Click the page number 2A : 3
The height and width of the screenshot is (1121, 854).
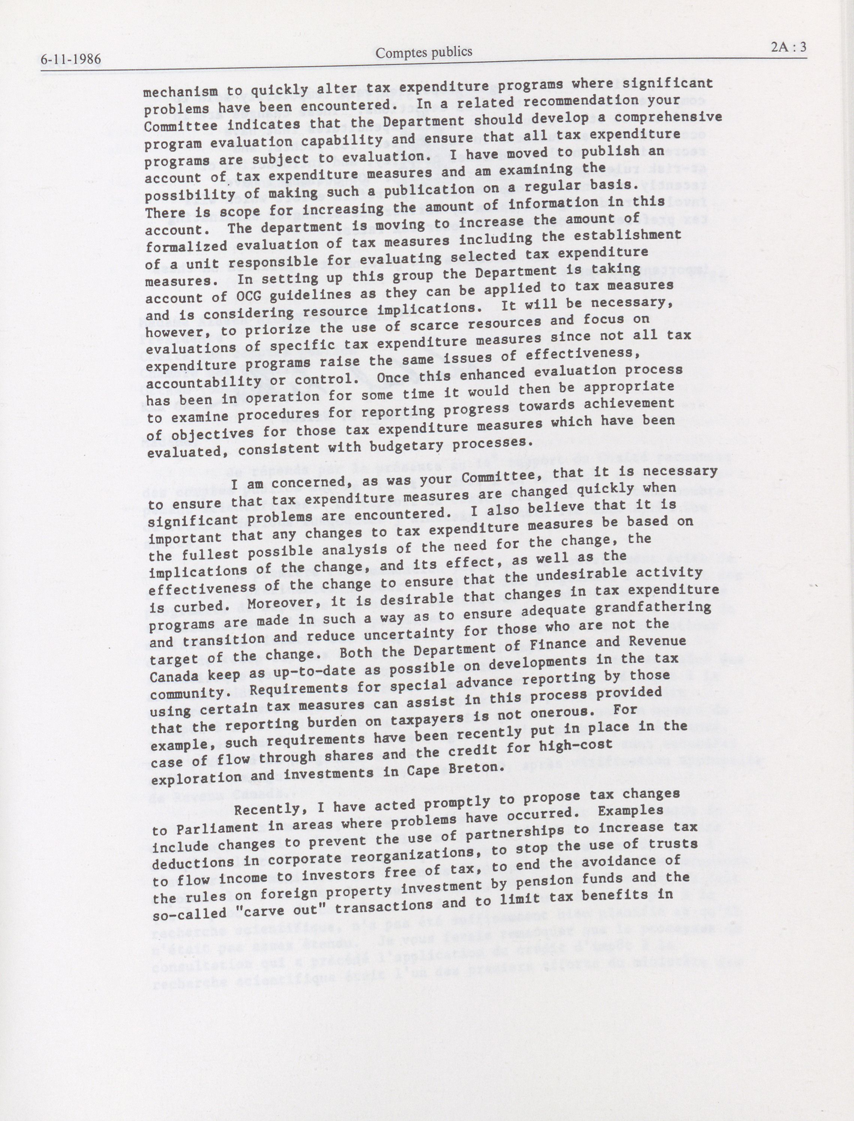point(788,47)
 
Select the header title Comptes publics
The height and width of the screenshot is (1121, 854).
point(424,51)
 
